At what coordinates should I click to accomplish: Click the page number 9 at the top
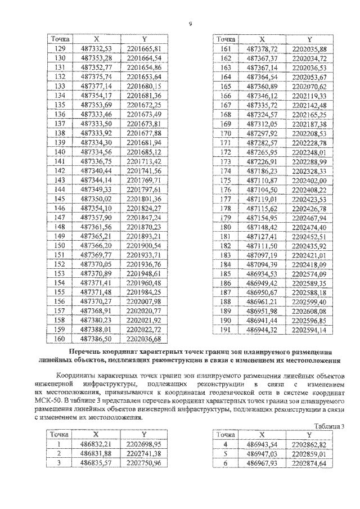tap(191, 24)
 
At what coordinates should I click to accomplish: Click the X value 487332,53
tap(97, 49)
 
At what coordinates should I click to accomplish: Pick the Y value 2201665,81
tap(145, 49)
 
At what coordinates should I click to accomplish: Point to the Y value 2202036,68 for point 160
tap(145, 339)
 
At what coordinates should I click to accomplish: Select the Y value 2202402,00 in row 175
tap(310, 180)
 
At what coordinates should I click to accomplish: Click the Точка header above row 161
tap(226, 40)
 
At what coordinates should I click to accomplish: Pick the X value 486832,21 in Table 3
tap(97, 444)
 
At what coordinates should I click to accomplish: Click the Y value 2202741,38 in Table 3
tap(145, 453)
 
